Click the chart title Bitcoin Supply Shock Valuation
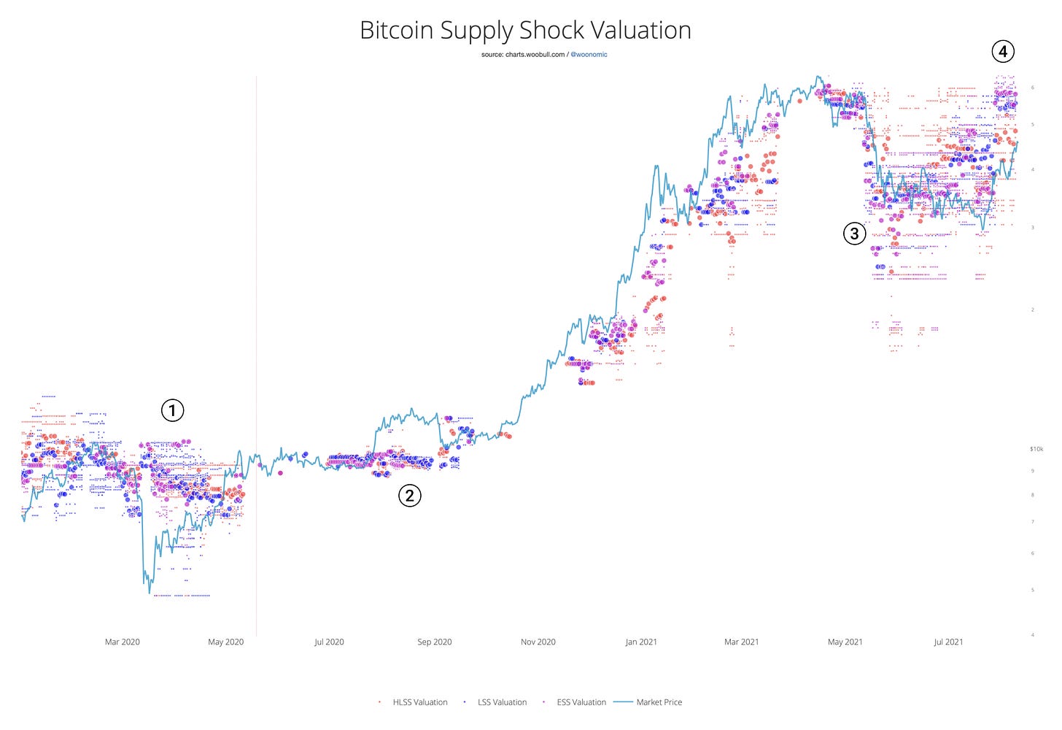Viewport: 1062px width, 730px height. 525,31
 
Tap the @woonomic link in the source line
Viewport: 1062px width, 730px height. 589,55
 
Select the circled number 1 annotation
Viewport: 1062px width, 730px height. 172,410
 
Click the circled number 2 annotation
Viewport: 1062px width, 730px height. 409,496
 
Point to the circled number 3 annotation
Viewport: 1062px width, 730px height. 854,234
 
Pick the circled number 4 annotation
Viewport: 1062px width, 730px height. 1003,51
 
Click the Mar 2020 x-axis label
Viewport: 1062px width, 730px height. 122,642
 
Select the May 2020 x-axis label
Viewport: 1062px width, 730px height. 225,642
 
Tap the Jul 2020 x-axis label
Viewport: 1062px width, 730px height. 329,642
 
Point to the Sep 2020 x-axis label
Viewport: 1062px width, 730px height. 434,642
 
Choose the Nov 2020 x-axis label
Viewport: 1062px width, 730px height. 538,642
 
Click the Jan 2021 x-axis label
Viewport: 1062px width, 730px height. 640,642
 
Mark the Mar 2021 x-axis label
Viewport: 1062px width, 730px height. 741,642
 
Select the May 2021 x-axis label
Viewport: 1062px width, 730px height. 845,642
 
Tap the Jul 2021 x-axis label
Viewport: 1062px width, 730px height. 948,642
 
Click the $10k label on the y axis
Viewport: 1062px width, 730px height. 1036,449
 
